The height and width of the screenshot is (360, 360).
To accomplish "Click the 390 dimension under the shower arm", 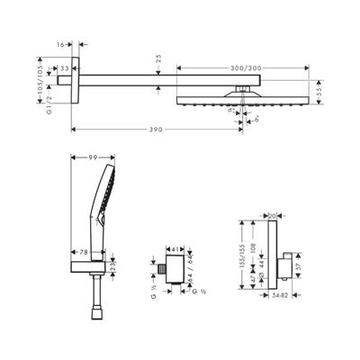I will tap(156, 130).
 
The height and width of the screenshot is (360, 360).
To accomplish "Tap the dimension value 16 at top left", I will tap(60, 42).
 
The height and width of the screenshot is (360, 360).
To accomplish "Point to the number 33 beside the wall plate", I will tap(66, 67).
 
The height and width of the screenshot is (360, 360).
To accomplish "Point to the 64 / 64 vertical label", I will tap(192, 265).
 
